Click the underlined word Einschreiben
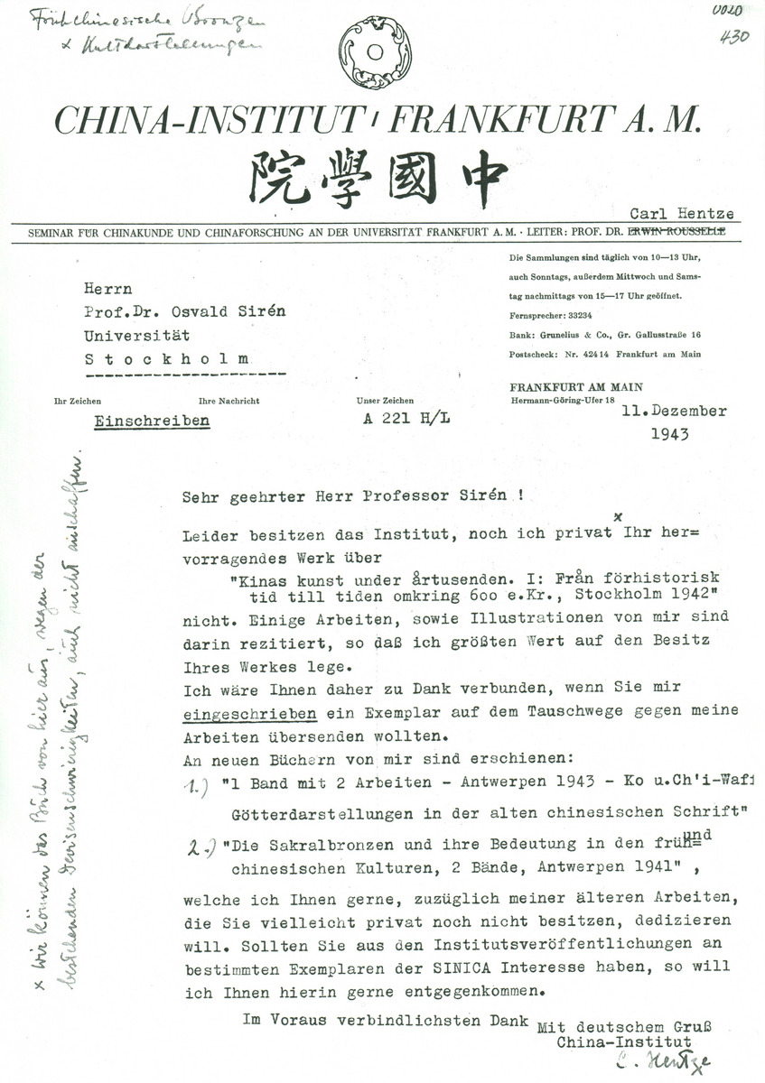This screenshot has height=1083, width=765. tap(151, 421)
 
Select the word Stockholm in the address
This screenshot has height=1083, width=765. tap(169, 358)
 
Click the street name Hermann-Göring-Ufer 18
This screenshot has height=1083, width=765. tap(564, 399)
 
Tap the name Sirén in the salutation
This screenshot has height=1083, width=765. tap(492, 496)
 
